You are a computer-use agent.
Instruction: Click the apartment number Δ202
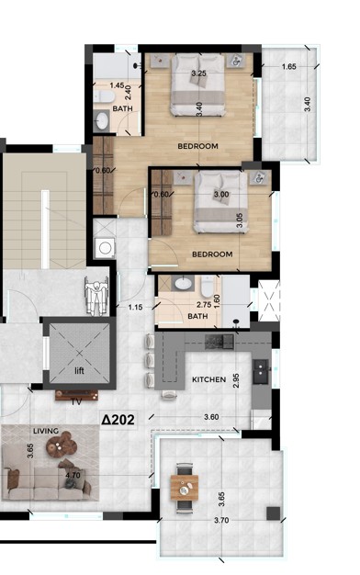click(x=118, y=420)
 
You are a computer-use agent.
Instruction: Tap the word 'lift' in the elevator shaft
click(x=79, y=370)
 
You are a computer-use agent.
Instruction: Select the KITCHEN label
click(x=209, y=379)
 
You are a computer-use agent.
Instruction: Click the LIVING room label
click(x=46, y=431)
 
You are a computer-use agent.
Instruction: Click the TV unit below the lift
click(x=76, y=395)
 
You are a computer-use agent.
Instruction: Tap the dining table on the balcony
click(x=185, y=487)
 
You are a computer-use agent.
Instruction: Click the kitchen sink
click(x=261, y=371)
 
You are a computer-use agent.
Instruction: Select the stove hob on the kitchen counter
click(x=219, y=342)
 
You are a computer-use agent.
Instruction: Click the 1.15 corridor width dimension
click(x=135, y=308)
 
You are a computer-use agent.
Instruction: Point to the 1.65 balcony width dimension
click(x=289, y=67)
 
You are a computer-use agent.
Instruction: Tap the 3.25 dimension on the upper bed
click(x=198, y=73)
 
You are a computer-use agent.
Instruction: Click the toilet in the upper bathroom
click(x=104, y=96)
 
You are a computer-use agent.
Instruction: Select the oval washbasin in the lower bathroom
click(x=184, y=284)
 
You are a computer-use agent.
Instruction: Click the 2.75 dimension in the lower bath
click(x=204, y=305)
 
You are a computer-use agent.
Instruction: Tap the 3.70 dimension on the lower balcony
click(x=221, y=520)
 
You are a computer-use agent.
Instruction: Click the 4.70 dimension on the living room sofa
click(x=73, y=476)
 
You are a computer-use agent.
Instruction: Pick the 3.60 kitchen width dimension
click(x=211, y=417)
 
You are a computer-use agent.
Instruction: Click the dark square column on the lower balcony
click(x=273, y=513)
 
